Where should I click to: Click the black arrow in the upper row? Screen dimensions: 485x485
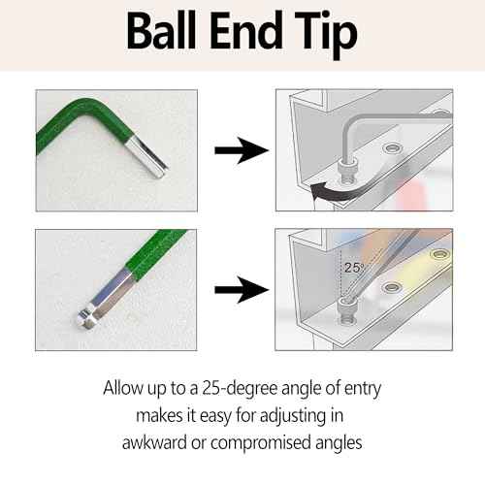click(240, 150)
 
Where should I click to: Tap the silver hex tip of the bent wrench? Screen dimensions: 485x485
click(156, 161)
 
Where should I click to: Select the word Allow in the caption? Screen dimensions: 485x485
click(127, 389)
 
